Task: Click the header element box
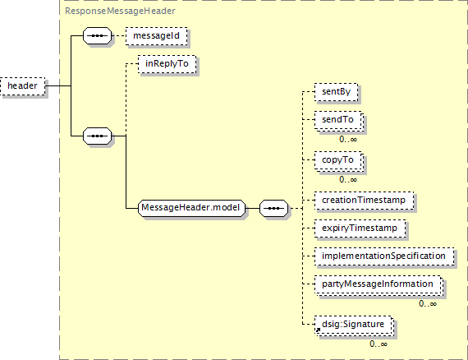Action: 23,86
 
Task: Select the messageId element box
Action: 156,36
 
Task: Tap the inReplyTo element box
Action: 167,64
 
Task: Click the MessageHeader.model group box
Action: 191,208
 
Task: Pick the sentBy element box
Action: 336,92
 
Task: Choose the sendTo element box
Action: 338,120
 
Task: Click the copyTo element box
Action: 338,161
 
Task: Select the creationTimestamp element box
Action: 364,201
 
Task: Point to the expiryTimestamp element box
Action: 360,228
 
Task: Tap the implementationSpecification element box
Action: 384,256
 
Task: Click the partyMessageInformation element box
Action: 379,284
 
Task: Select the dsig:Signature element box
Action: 354,325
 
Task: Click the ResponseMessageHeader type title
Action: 120,11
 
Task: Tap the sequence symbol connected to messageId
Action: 98,36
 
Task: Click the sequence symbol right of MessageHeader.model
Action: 274,208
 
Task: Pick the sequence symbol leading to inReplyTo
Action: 98,136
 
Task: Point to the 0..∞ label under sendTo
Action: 348,139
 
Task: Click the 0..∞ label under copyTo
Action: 348,179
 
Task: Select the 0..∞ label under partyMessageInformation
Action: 428,304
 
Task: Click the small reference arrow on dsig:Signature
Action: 318,330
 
